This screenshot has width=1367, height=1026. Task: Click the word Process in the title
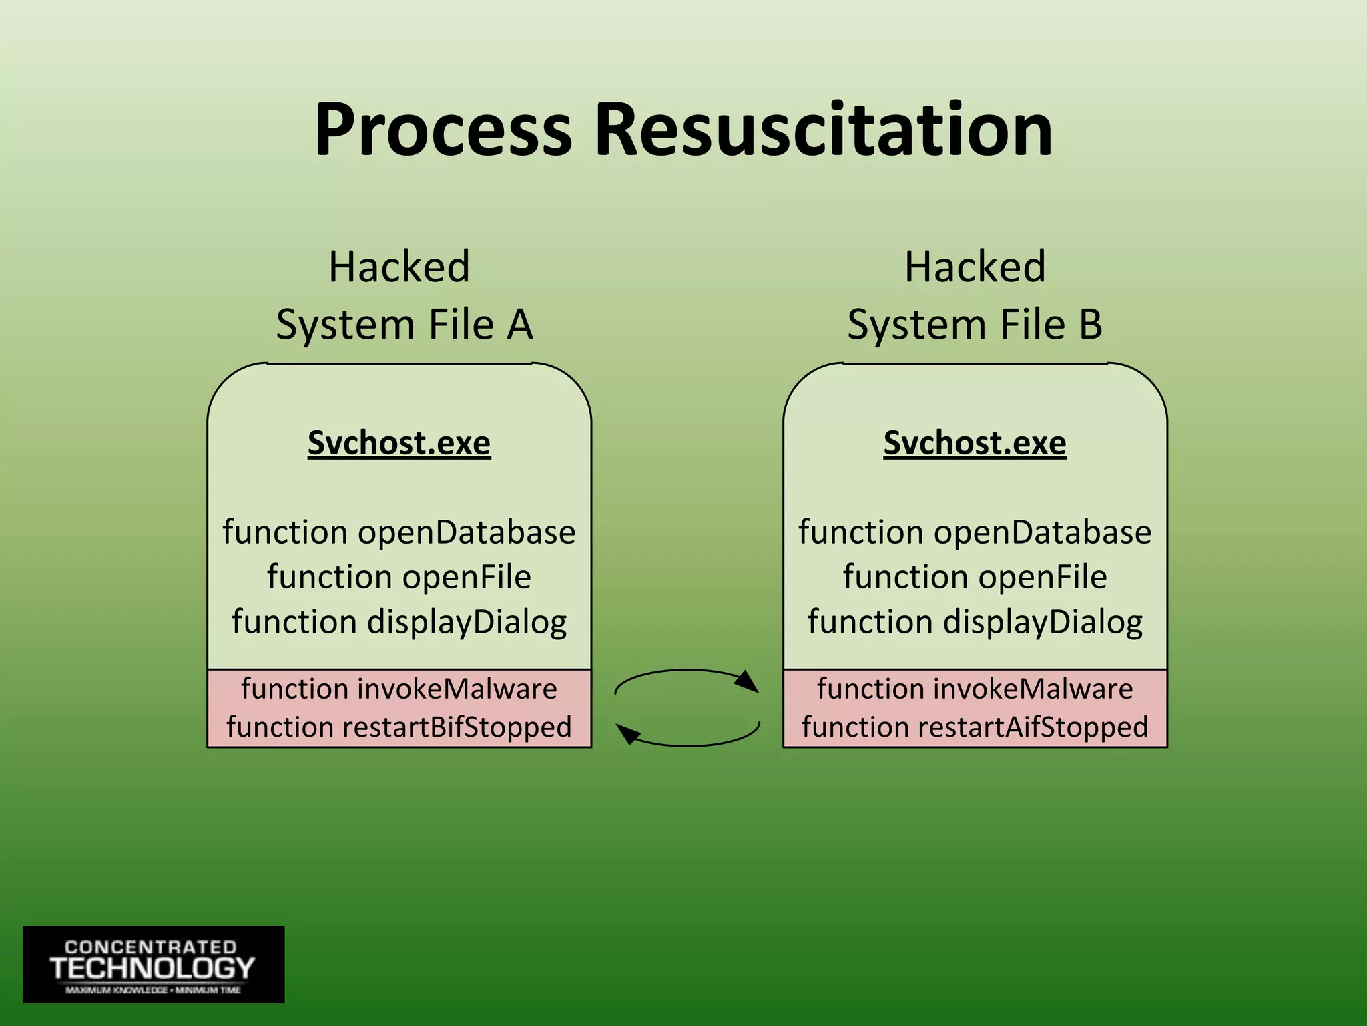[443, 130]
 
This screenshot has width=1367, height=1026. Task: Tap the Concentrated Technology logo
[154, 964]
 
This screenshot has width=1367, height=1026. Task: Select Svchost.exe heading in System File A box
[399, 443]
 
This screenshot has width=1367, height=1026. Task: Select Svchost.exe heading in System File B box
[975, 443]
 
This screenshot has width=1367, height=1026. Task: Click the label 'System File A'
[404, 325]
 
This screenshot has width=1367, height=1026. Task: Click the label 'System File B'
[975, 325]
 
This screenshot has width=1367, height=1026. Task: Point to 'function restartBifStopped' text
[399, 727]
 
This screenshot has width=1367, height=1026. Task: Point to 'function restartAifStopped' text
[975, 727]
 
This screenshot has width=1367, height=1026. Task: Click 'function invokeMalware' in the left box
[399, 689]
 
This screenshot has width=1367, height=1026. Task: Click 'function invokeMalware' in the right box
[975, 689]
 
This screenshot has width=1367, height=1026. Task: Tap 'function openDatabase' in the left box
[399, 532]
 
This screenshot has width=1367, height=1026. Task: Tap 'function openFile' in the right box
[975, 577]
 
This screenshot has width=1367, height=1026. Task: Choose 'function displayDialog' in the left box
[399, 622]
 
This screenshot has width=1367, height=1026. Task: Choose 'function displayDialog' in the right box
[975, 622]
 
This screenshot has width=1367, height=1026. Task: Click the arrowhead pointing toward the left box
[627, 734]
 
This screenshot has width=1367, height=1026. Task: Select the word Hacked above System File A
[399, 267]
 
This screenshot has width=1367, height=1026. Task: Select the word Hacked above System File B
[975, 267]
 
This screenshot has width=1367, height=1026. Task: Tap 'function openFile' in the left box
[399, 577]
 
